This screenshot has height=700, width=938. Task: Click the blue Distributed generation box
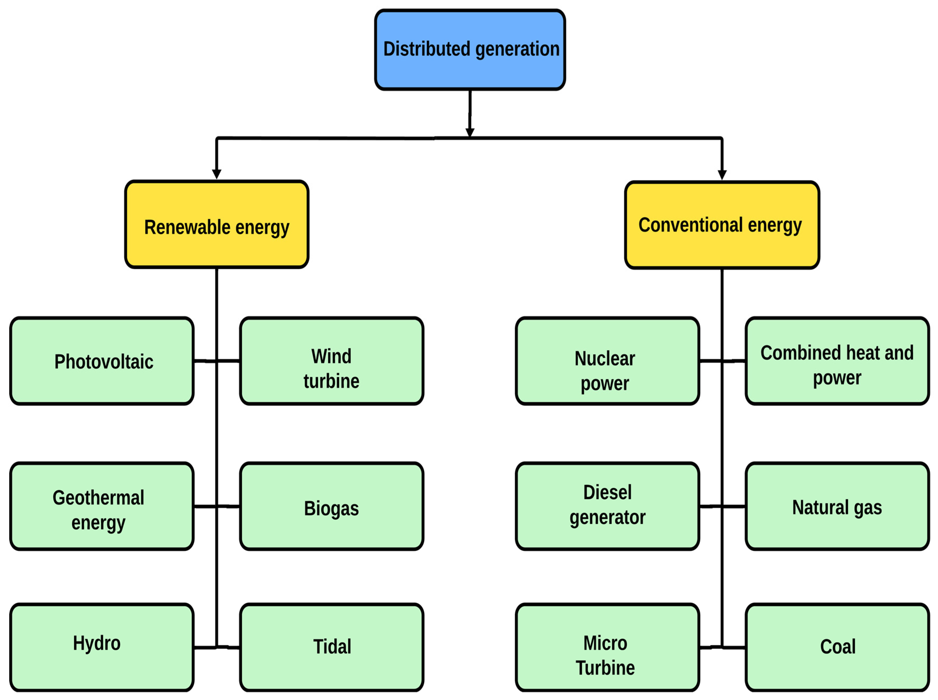pos(470,50)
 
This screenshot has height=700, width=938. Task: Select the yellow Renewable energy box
pos(217,225)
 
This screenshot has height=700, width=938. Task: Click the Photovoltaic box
pos(102,361)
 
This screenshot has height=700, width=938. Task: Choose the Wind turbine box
pos(331,361)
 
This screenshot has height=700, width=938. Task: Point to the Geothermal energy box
pos(102,506)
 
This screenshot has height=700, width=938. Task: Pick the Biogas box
pos(331,506)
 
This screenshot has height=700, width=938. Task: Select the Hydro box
pos(102,647)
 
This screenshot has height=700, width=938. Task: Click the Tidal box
pos(331,647)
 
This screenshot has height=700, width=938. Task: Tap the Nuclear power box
pos(607,361)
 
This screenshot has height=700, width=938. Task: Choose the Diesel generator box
pos(607,506)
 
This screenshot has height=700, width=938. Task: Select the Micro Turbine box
pos(607,647)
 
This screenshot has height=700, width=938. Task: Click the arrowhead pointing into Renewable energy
pos(217,174)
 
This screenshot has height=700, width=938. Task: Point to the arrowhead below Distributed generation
pos(470,132)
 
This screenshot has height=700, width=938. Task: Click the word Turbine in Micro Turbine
pos(605,668)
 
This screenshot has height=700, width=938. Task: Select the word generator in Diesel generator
pos(607,518)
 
